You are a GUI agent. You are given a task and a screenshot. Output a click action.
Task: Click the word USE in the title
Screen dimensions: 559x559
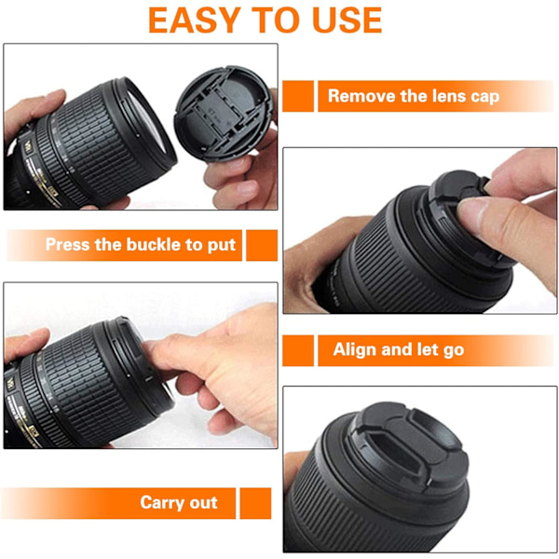[x=348, y=20]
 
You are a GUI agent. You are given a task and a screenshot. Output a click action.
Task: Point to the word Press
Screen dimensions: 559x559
[x=67, y=244]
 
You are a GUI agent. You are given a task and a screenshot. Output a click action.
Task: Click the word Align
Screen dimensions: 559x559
[x=355, y=349]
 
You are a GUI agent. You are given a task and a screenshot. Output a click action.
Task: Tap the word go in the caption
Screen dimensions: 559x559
[x=454, y=351]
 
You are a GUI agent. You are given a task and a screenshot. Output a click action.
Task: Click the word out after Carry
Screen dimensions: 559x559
[x=203, y=503]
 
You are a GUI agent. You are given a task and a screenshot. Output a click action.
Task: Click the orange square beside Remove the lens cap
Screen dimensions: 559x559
[x=298, y=96]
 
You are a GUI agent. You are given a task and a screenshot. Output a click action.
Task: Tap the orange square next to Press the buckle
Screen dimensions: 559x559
[x=262, y=245]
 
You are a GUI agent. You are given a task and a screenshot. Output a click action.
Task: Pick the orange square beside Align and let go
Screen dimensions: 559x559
[x=298, y=350]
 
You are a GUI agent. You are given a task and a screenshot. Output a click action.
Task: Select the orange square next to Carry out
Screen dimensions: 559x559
[x=255, y=503]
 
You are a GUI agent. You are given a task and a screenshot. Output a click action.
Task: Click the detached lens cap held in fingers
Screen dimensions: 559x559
[x=224, y=114]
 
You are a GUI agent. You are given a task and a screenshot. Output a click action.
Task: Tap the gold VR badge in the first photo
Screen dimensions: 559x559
[x=27, y=146]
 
